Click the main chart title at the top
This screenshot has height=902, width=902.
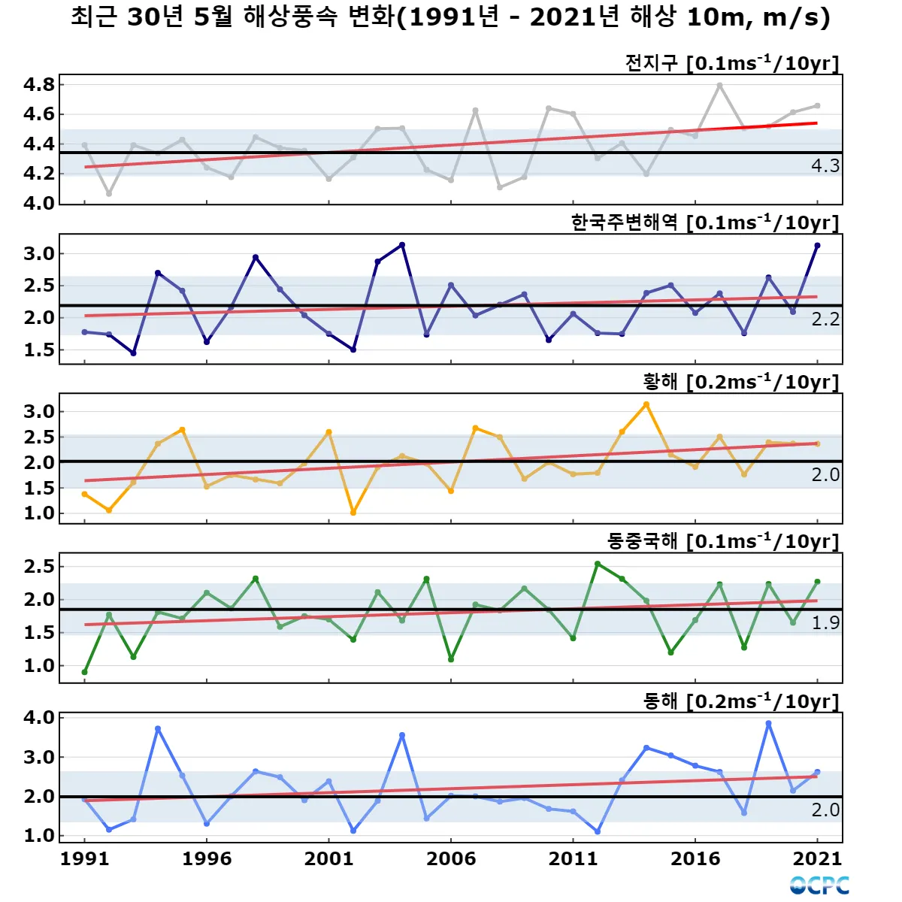pyautogui.click(x=451, y=17)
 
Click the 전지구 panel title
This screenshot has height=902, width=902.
pyautogui.click(x=731, y=63)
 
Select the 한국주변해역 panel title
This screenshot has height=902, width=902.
pyautogui.click(x=704, y=222)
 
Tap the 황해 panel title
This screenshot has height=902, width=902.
pyautogui.click(x=740, y=382)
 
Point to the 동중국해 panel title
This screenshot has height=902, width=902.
pyautogui.click(x=722, y=541)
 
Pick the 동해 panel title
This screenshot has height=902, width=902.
pyautogui.click(x=740, y=701)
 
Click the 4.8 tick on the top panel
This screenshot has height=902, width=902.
pyautogui.click(x=39, y=84)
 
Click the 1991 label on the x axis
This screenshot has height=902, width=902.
pyautogui.click(x=84, y=859)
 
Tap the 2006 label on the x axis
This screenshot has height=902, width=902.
pyautogui.click(x=451, y=859)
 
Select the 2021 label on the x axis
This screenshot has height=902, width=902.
pyautogui.click(x=818, y=859)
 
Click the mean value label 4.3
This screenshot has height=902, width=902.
pyautogui.click(x=825, y=166)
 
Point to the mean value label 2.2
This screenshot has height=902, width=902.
pyautogui.click(x=825, y=319)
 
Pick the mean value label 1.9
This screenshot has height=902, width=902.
pyautogui.click(x=825, y=623)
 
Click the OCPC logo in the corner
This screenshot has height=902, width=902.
pyautogui.click(x=819, y=885)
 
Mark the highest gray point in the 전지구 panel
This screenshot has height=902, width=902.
pyautogui.click(x=719, y=86)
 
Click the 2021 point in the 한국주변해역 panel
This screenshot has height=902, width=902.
pyautogui.click(x=817, y=245)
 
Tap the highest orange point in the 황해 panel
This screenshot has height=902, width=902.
pyautogui.click(x=646, y=404)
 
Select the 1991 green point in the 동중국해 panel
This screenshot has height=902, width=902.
pyautogui.click(x=84, y=672)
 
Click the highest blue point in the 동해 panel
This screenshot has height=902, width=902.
pyautogui.click(x=768, y=723)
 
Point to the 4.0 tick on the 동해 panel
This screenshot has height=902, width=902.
pyautogui.click(x=39, y=718)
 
